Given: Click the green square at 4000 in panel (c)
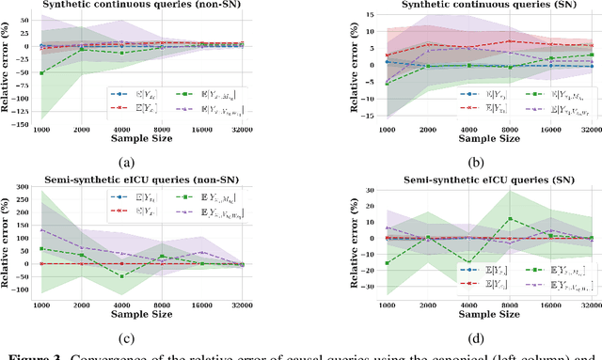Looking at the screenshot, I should tap(120, 275).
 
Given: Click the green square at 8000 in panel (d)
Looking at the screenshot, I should tap(509, 219).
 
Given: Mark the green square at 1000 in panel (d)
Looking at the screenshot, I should tap(361, 262).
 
